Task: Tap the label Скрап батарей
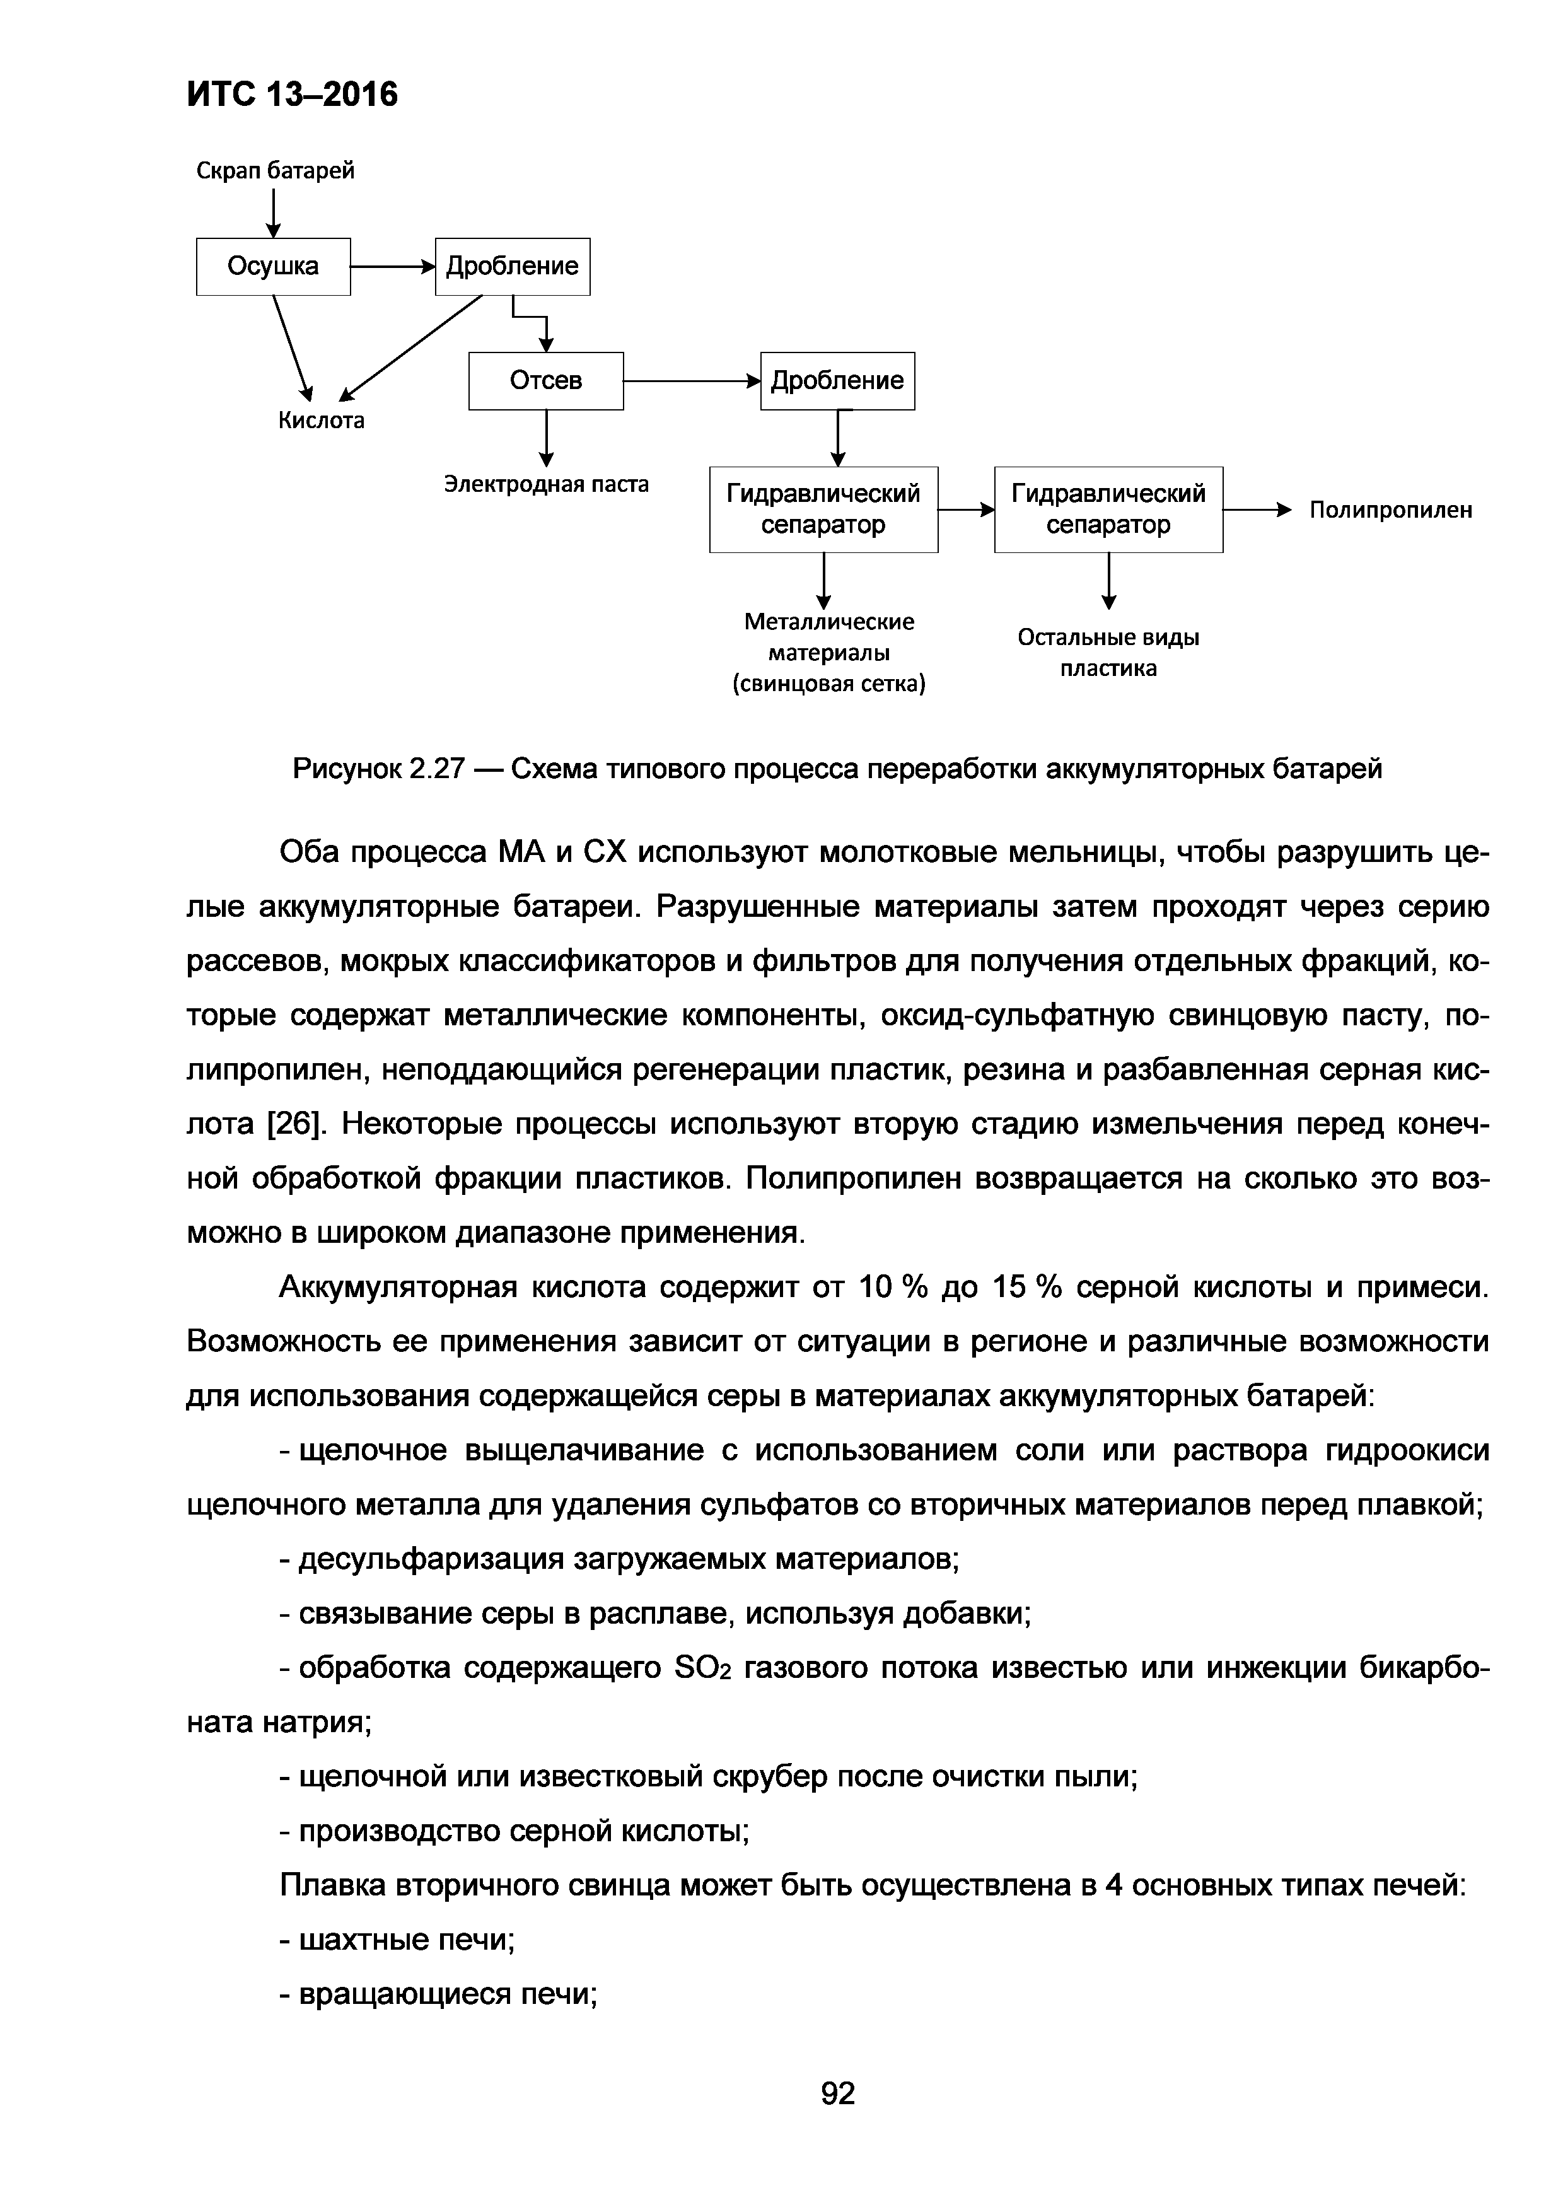pyautogui.click(x=276, y=170)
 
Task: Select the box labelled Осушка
pyautogui.click(x=274, y=266)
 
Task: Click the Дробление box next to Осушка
pyautogui.click(x=513, y=266)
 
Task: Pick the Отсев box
pyautogui.click(x=546, y=381)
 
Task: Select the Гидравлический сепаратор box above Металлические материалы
pyautogui.click(x=823, y=509)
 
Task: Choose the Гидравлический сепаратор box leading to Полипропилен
pyautogui.click(x=1108, y=509)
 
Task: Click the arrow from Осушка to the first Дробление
pyautogui.click(x=393, y=267)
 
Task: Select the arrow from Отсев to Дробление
pyautogui.click(x=692, y=381)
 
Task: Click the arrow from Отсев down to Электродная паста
pyautogui.click(x=546, y=438)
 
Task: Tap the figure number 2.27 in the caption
pyautogui.click(x=436, y=769)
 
